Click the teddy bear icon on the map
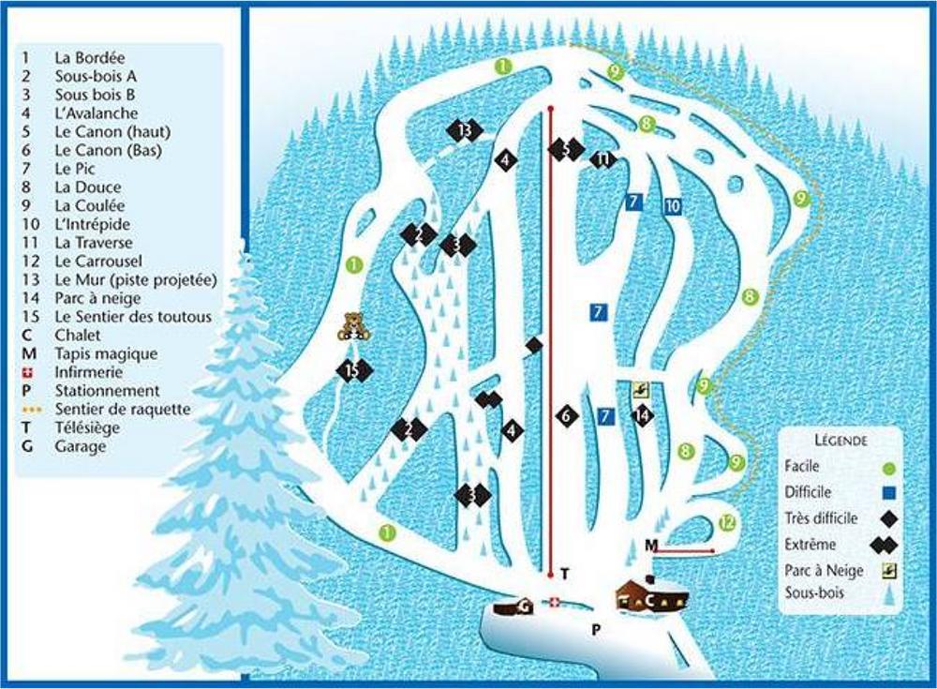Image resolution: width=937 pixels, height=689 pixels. click(x=353, y=326)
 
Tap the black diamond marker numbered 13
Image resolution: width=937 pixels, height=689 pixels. click(x=465, y=130)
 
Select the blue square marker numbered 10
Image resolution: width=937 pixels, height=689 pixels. click(x=672, y=206)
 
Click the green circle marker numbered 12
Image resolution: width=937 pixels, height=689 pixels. click(x=727, y=523)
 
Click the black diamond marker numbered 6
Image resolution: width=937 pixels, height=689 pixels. click(x=567, y=415)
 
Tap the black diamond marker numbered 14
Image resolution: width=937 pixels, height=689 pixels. click(x=643, y=415)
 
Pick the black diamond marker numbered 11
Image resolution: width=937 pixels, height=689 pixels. click(x=602, y=159)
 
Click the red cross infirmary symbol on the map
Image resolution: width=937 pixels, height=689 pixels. click(x=555, y=602)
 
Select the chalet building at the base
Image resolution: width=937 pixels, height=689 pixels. click(x=652, y=594)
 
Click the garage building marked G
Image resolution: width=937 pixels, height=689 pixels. click(x=513, y=607)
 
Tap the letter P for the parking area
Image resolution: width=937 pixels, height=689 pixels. click(x=596, y=629)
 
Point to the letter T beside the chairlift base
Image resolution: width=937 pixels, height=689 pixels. click(x=565, y=574)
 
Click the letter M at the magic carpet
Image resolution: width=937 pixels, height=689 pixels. click(x=651, y=546)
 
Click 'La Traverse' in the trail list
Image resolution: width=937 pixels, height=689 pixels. click(x=94, y=243)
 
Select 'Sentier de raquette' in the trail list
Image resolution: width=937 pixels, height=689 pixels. click(x=123, y=410)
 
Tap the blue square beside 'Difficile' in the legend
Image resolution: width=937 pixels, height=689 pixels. click(x=890, y=493)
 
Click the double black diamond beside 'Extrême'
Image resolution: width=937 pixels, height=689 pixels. click(x=884, y=545)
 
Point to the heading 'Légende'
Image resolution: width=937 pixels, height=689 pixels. click(x=840, y=441)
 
